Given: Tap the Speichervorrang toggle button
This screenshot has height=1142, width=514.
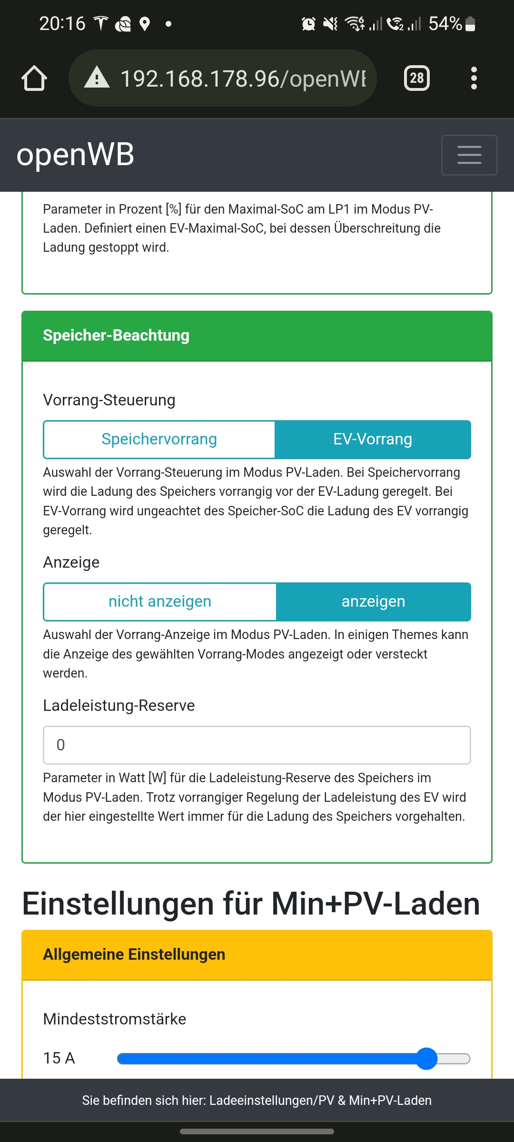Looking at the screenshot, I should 159,439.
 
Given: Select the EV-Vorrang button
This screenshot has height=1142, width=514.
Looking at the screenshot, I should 373,439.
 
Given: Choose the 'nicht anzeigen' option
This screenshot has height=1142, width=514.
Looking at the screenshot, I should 159,601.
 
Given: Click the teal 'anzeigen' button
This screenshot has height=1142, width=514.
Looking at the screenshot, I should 373,601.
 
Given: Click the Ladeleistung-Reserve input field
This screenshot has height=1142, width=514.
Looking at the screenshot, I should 257,745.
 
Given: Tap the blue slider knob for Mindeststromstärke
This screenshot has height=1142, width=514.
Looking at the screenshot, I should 426,1058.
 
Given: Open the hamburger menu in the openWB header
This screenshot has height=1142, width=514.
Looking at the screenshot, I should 469,155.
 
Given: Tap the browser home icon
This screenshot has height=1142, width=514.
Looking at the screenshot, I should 34,78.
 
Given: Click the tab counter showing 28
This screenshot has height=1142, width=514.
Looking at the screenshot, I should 416,78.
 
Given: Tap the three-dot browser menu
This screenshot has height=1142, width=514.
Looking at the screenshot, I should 474,78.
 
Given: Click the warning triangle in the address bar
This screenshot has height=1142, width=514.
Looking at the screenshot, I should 97,78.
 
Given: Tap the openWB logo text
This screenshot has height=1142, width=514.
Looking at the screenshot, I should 75,155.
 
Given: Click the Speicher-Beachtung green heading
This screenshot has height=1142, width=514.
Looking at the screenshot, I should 116,335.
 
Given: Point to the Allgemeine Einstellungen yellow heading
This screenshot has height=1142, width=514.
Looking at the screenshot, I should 134,955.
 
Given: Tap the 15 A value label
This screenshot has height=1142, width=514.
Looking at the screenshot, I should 59,1058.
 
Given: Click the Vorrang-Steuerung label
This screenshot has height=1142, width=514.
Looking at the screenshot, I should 109,400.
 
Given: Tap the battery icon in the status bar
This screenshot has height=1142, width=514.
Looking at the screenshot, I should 470,23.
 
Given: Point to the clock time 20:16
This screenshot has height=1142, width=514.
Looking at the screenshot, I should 62,23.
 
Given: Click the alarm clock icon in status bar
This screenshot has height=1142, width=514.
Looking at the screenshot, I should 308,23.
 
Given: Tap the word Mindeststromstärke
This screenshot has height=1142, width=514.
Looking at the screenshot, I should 115,1019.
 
